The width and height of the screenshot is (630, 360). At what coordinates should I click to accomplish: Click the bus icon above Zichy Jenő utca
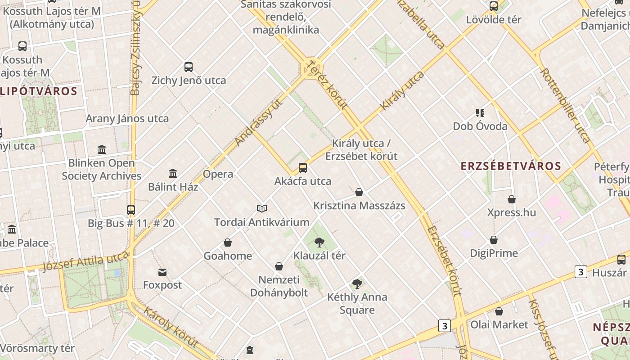[189, 67]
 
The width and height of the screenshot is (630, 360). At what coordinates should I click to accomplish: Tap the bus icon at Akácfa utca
[303, 168]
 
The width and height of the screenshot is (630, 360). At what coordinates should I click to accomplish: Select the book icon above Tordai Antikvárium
[262, 208]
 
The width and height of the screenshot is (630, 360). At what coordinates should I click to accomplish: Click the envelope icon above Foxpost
[162, 272]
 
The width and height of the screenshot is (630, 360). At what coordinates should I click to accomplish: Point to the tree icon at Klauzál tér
[319, 243]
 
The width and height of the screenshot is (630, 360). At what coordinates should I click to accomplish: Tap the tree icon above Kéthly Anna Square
[357, 284]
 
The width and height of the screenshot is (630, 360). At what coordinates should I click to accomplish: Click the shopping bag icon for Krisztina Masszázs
[359, 193]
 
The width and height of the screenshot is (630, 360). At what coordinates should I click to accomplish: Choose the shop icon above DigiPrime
[494, 240]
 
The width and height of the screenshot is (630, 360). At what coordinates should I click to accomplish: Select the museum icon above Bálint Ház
[173, 173]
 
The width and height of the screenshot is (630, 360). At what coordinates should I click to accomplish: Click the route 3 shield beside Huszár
[581, 272]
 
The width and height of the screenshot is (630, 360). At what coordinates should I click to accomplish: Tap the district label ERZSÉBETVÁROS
[511, 166]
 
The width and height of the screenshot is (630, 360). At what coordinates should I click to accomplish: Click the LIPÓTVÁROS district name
[39, 91]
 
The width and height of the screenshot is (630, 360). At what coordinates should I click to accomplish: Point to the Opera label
[218, 174]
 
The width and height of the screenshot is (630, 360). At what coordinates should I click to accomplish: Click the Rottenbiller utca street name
[565, 105]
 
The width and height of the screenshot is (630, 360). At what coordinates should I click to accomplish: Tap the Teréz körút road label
[327, 85]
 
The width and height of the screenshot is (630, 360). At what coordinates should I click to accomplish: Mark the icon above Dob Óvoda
[480, 112]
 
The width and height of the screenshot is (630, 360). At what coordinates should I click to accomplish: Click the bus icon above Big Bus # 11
[131, 210]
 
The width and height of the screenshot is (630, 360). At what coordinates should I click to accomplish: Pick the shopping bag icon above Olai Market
[499, 311]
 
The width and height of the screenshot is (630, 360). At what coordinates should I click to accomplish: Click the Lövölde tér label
[494, 20]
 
